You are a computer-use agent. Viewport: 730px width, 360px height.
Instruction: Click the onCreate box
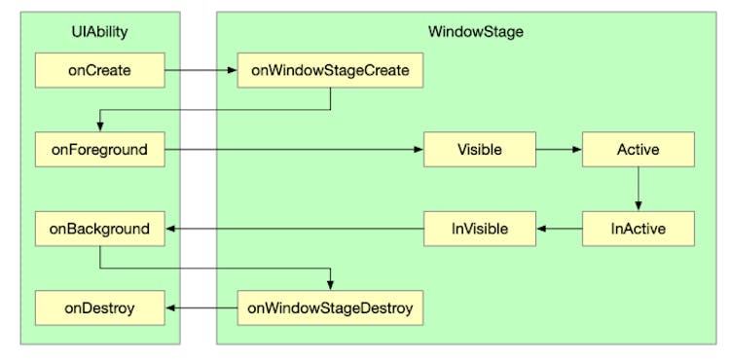point(99,70)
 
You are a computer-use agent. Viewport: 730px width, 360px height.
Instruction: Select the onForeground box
point(99,150)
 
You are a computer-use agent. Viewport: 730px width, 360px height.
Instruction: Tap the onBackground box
point(99,230)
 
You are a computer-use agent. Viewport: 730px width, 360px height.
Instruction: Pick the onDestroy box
point(99,309)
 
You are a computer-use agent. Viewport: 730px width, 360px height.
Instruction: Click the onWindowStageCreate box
point(330,70)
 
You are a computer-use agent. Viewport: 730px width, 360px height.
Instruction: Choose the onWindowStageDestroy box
point(330,309)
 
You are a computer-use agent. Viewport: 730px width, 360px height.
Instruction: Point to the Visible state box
point(479,150)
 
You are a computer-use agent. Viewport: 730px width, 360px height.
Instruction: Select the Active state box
point(638,150)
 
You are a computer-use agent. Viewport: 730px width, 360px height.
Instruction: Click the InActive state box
point(638,230)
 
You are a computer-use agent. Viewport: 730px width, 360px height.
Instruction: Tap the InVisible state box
point(479,230)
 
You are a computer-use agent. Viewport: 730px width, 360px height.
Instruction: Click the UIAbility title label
point(99,31)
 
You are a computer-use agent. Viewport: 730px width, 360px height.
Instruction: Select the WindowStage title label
point(476,31)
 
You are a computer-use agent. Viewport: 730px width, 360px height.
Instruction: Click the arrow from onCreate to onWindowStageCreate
point(200,70)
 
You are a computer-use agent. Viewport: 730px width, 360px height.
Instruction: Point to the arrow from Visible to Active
point(558,150)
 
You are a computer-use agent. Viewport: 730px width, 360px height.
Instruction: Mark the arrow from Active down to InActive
point(638,189)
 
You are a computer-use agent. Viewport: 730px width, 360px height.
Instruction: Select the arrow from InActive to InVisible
point(558,230)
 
